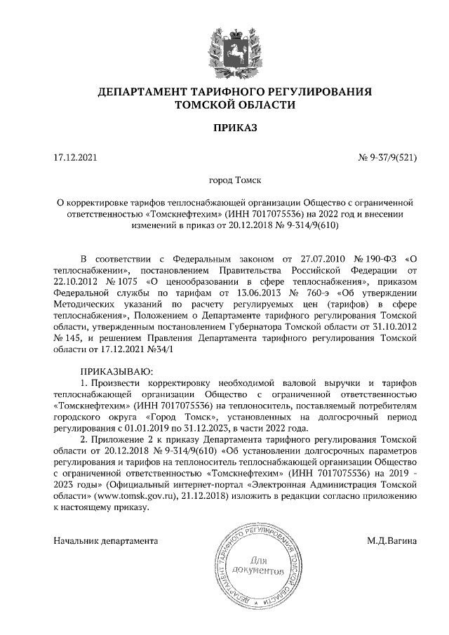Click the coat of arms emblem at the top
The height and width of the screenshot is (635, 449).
[226, 46]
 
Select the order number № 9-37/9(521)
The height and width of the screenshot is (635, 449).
[388, 158]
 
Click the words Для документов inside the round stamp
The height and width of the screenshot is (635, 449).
[257, 566]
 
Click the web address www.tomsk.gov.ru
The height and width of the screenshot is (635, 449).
[129, 495]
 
